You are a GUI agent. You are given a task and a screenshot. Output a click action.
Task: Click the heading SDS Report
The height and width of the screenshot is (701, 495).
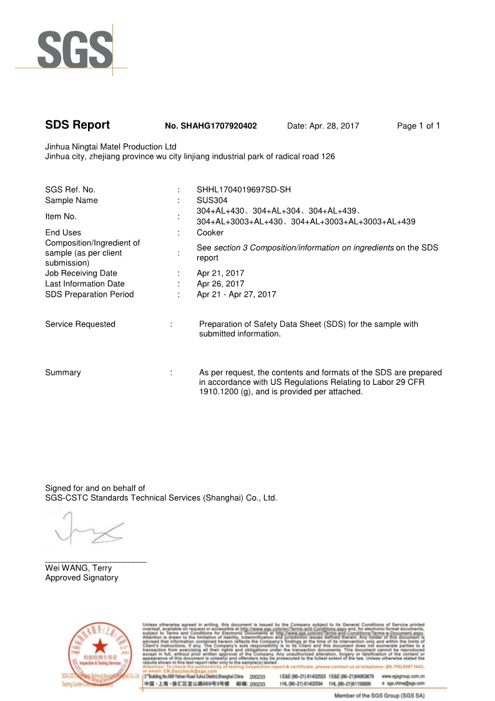(x=77, y=125)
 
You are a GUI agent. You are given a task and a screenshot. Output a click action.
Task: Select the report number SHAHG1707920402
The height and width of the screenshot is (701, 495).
(x=210, y=126)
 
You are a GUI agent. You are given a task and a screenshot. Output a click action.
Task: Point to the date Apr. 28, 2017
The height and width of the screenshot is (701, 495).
(x=323, y=126)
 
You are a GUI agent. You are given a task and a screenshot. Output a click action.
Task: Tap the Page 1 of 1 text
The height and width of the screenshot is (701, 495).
(x=418, y=126)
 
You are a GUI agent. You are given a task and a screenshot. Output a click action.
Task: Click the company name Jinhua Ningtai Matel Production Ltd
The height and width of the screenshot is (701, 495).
(x=110, y=146)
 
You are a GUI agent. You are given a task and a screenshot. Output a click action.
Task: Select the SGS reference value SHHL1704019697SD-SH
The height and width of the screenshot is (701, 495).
(x=243, y=189)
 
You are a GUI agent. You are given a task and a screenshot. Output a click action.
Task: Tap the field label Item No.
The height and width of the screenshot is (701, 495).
(x=61, y=216)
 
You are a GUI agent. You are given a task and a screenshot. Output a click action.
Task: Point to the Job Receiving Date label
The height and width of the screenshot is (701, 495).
(x=81, y=273)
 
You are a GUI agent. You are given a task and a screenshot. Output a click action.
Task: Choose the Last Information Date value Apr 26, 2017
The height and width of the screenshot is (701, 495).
(x=220, y=284)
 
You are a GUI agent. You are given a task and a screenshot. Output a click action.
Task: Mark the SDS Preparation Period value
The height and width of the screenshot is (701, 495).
(x=236, y=294)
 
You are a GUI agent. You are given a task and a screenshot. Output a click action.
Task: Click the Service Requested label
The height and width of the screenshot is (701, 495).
(x=80, y=324)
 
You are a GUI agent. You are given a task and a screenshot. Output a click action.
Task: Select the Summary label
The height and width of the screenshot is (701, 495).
(x=62, y=372)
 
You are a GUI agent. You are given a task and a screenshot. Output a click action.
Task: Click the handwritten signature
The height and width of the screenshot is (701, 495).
(x=87, y=527)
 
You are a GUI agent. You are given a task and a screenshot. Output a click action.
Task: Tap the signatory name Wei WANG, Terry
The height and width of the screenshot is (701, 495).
(x=78, y=568)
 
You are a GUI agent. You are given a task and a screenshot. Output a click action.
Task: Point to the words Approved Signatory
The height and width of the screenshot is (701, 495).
(x=81, y=578)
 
